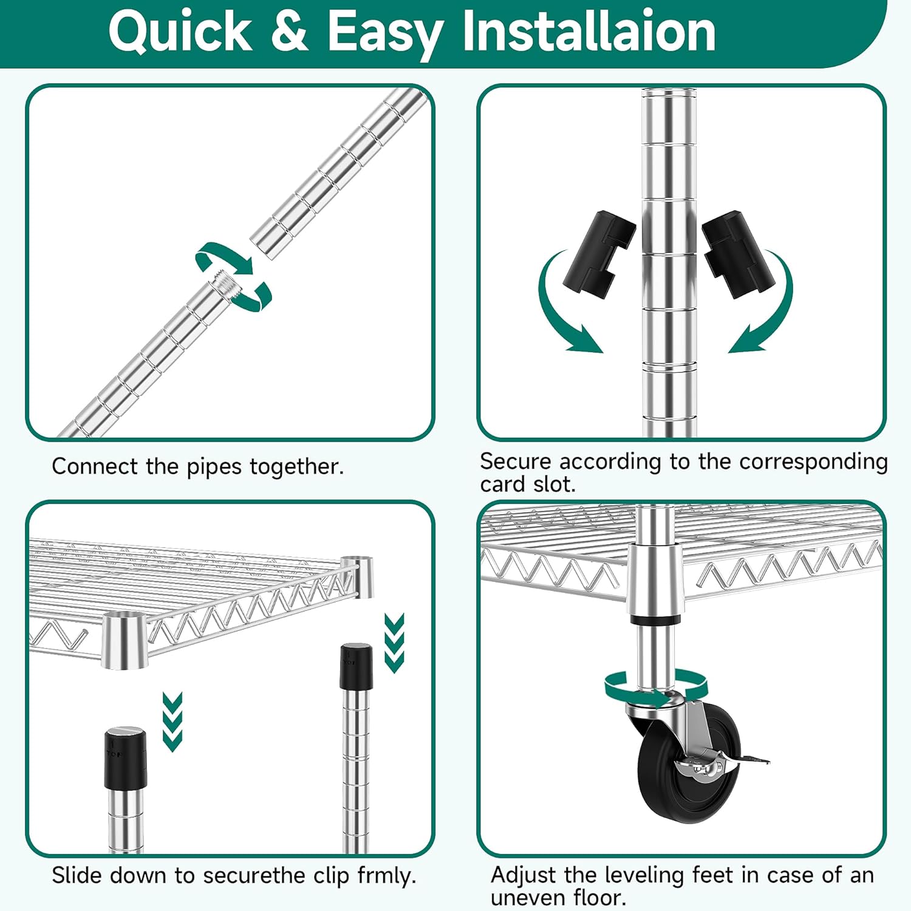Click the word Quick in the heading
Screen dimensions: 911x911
[x=180, y=32]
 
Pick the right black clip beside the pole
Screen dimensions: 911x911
[x=740, y=254]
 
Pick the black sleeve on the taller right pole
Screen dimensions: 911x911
[x=357, y=666]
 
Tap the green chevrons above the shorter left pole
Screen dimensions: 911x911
[x=172, y=722]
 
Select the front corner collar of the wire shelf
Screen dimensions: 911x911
[x=125, y=641]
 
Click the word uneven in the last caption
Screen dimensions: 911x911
[x=527, y=898]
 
